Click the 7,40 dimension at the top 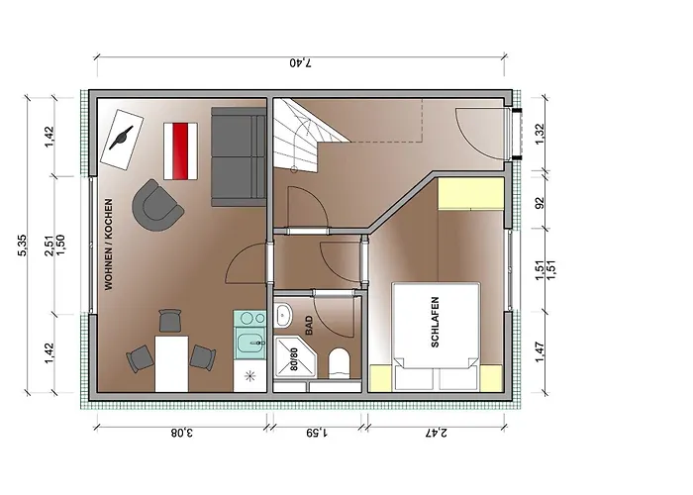pos(301,62)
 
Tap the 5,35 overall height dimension pos(22,245)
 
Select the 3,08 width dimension pos(181,433)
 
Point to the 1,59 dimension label pos(317,433)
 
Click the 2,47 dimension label pos(436,433)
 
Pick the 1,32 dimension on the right pos(540,133)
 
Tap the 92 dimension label pos(540,202)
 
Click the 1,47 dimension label pos(540,351)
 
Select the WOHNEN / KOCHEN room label pos(109,245)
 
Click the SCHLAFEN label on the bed pos(435,322)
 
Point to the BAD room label pos(309,325)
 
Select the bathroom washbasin pos(283,315)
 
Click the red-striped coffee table pos(180,151)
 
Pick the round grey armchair pos(156,206)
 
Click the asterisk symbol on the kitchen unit pos(250,376)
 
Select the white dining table pos(171,363)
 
